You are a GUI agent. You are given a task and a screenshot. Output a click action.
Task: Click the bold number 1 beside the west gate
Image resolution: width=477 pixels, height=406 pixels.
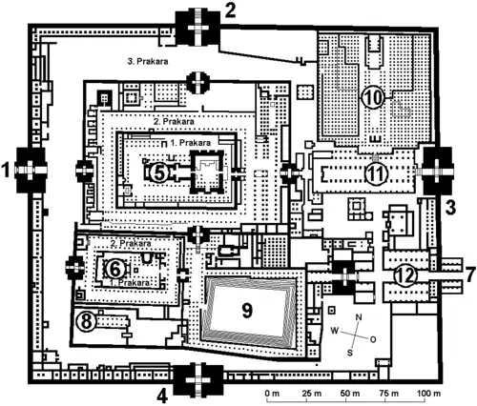pyautogui.click(x=6, y=169)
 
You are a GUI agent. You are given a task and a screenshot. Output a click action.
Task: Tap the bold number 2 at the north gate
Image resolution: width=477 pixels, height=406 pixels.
pyautogui.click(x=230, y=10)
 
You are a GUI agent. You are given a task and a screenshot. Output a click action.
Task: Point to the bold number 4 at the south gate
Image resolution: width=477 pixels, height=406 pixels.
pyautogui.click(x=162, y=396)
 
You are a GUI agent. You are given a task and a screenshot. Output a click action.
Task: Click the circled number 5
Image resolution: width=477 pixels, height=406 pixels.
pyautogui.click(x=159, y=172)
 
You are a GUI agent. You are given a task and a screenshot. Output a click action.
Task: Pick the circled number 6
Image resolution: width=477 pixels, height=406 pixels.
pyautogui.click(x=114, y=269)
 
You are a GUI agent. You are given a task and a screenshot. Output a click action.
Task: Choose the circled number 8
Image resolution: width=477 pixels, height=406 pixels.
pyautogui.click(x=86, y=321)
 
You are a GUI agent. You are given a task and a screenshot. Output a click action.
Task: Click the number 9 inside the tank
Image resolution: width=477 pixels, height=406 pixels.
pyautogui.click(x=247, y=311)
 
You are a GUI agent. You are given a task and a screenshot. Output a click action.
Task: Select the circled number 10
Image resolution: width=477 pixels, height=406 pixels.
pyautogui.click(x=373, y=97)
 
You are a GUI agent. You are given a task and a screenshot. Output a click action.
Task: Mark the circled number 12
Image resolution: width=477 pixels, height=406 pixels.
pyautogui.click(x=405, y=275)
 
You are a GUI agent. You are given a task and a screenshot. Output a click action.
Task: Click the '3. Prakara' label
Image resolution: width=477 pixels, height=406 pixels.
pyautogui.click(x=148, y=61)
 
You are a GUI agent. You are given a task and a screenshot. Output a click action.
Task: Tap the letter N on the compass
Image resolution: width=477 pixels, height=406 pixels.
pyautogui.click(x=359, y=317)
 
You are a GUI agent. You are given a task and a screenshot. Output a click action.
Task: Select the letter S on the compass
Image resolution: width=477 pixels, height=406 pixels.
pyautogui.click(x=350, y=353)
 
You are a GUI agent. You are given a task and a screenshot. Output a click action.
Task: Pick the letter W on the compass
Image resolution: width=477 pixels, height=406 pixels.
pyautogui.click(x=335, y=331)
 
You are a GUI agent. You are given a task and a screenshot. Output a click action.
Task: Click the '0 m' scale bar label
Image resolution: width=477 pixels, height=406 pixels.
pyautogui.click(x=272, y=394)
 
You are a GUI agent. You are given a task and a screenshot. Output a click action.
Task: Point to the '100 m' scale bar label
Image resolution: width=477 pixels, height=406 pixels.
pyautogui.click(x=428, y=394)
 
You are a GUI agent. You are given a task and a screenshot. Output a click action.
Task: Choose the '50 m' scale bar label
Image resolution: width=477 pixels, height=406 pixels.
pyautogui.click(x=350, y=394)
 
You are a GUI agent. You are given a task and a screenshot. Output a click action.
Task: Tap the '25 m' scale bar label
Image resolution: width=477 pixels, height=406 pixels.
pyautogui.click(x=312, y=394)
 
